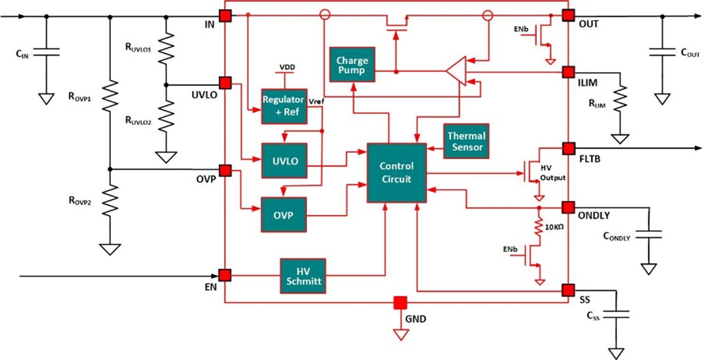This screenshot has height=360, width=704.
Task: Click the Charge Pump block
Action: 352,65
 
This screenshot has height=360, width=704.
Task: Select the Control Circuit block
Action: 396,172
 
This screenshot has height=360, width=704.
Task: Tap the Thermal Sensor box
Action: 466,141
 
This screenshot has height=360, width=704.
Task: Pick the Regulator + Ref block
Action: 284,106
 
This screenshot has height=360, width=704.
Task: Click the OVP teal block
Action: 283,215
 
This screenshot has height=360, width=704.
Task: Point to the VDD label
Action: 287,67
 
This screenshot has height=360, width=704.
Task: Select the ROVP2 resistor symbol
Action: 110,200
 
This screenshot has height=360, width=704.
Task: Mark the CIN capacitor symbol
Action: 46,51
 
